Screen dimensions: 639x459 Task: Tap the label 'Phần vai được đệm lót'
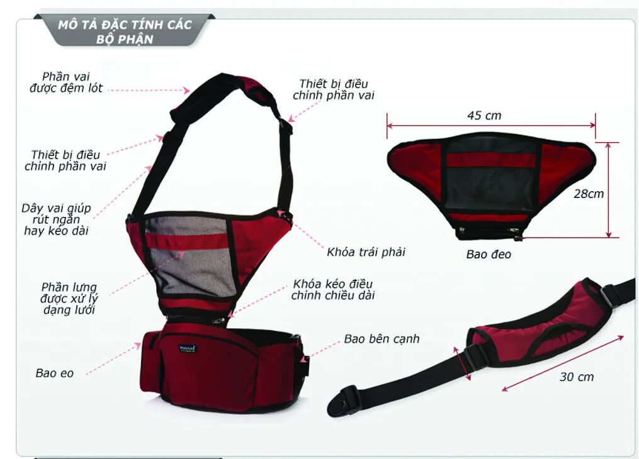point(65,82)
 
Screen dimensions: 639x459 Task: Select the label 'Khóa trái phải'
point(366,252)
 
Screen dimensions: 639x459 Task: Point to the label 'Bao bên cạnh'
point(381,339)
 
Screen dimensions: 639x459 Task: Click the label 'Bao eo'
point(55,373)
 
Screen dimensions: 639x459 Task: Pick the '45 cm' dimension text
point(484,116)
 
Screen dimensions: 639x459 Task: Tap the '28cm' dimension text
point(588,194)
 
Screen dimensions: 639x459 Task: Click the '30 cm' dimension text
point(576,377)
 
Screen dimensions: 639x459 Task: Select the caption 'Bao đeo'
point(489,255)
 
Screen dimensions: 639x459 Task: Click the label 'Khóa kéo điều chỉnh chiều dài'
point(332,289)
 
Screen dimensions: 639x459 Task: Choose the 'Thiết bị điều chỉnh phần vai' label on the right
point(334,89)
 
